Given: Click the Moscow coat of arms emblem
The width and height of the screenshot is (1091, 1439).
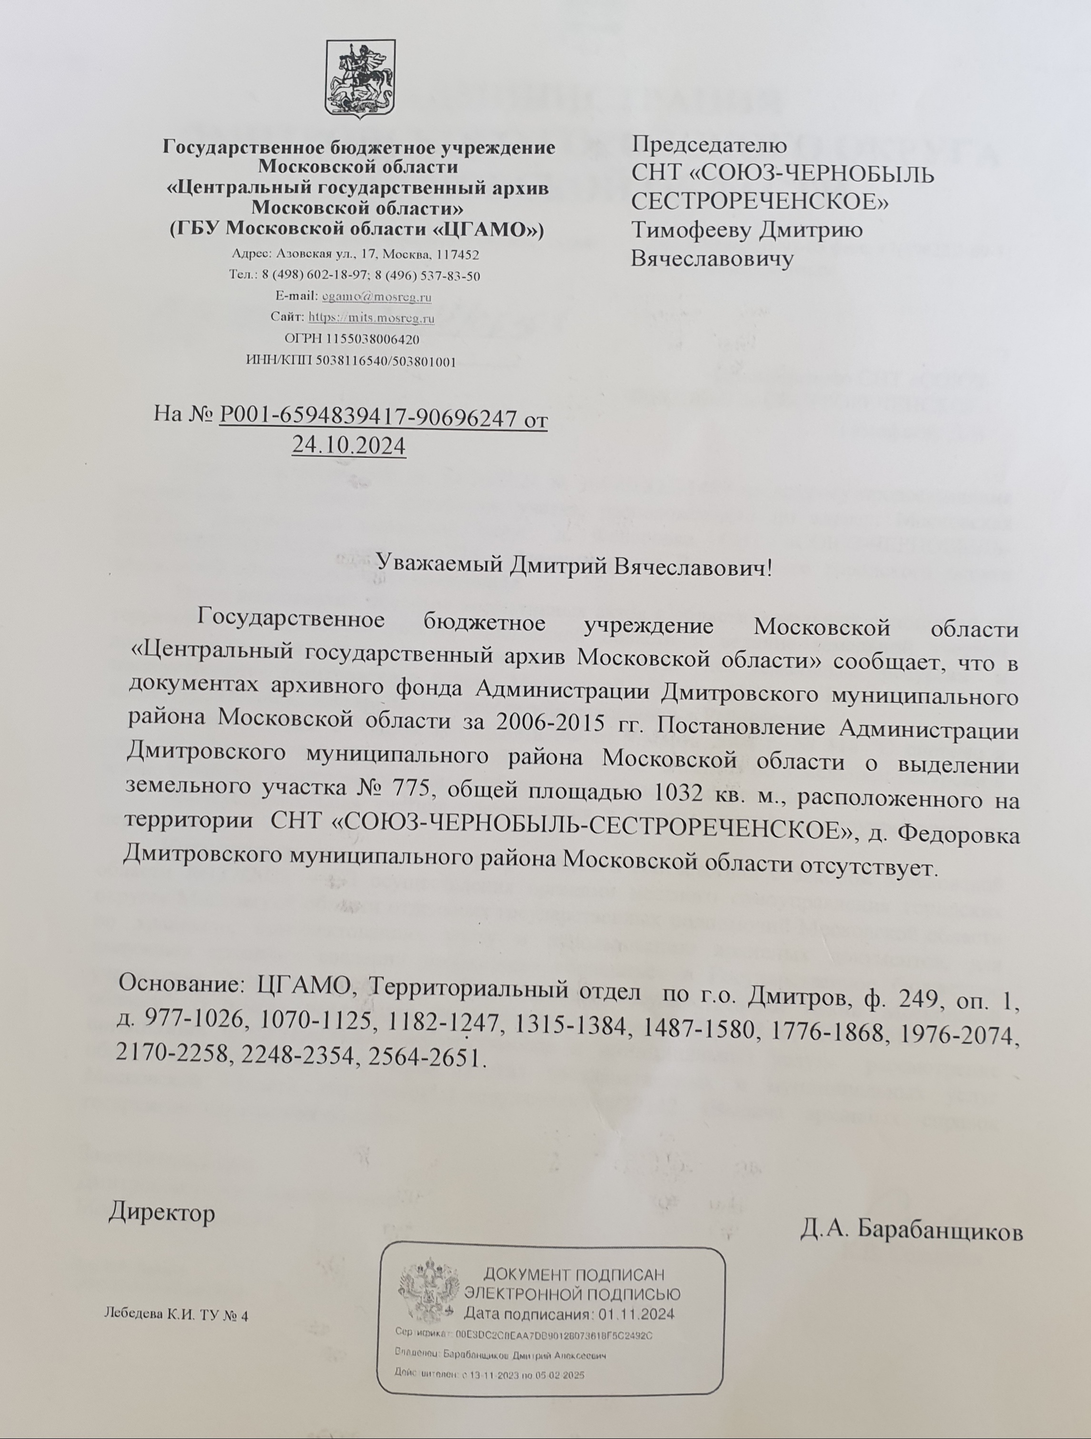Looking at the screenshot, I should coord(360,79).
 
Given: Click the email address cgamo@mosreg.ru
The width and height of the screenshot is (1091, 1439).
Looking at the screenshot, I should coord(377,296).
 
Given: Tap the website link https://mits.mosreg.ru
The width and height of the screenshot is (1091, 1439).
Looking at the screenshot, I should coord(371,318).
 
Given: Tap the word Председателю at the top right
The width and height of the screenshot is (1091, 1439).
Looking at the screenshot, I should coord(709,144).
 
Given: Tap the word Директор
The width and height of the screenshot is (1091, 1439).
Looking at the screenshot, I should coord(161,1212).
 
